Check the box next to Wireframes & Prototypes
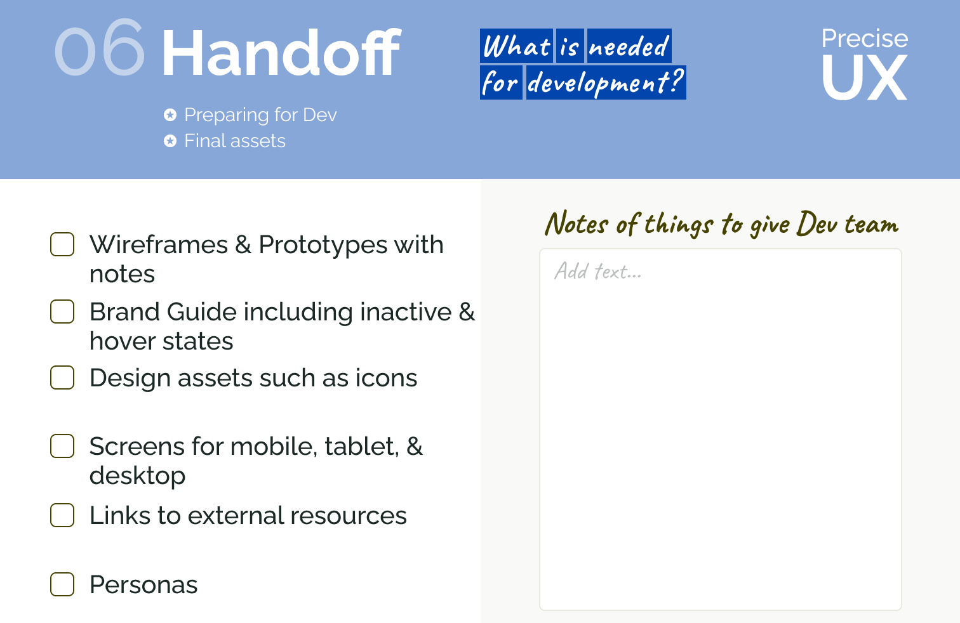[62, 244]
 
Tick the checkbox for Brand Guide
[62, 311]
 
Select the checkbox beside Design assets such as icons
[62, 377]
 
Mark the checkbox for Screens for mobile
[62, 446]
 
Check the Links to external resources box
[62, 515]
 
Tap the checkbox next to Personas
[62, 584]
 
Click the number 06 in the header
[100, 48]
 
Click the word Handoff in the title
[281, 52]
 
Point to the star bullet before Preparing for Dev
[170, 115]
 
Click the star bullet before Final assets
[170, 141]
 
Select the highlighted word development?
[606, 82]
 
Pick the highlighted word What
[516, 46]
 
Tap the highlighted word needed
[629, 46]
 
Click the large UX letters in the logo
[864, 77]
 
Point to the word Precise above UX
[864, 39]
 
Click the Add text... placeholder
[598, 271]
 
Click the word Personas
[143, 584]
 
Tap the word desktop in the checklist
[137, 475]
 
